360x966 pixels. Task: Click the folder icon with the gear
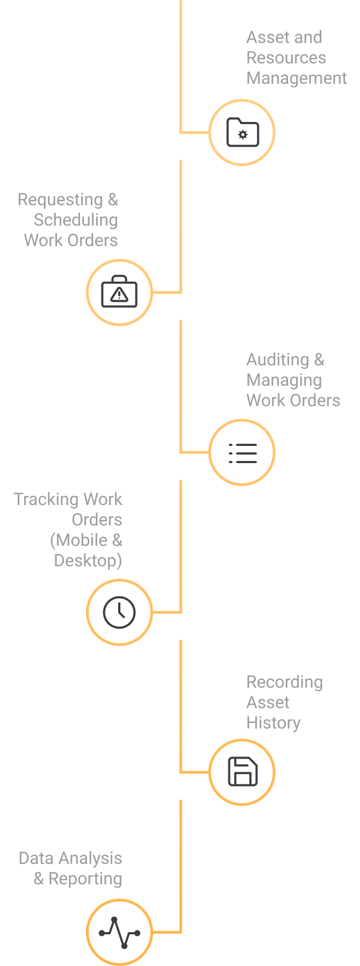coord(242,132)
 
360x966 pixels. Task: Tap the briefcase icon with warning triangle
coord(119,292)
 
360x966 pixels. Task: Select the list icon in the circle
coord(242,453)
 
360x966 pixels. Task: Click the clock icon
coord(119,612)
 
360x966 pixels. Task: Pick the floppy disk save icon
coord(242,772)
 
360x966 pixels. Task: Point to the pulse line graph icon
coord(119,932)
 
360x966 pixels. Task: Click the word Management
coord(297,78)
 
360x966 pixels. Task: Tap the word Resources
coord(286,58)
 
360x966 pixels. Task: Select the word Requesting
coord(60,200)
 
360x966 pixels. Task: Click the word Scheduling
coord(76,220)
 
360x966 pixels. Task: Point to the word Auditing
coord(278,360)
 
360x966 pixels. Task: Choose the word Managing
coord(284,380)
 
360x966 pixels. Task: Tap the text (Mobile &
coord(86,540)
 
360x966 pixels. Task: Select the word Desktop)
coord(88,561)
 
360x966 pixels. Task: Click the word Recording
coord(284,682)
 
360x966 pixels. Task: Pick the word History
coord(273,723)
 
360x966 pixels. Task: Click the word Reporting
coord(85,879)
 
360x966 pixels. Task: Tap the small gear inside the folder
coord(243,135)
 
